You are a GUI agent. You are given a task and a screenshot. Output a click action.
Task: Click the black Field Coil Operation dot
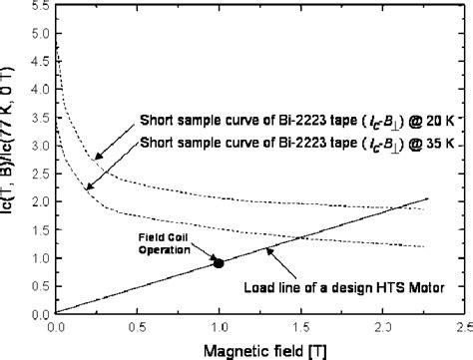click(x=219, y=262)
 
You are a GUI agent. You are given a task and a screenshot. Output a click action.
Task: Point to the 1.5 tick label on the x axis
click(x=300, y=326)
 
